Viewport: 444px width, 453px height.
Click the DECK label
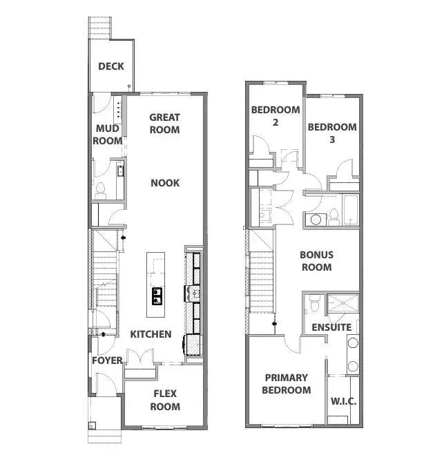(111, 66)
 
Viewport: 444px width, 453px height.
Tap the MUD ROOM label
(108, 135)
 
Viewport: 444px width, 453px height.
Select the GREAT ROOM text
(164, 124)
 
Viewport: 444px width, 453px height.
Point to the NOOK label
(165, 182)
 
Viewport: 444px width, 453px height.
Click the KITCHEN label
(151, 334)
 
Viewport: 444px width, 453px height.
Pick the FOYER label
(107, 360)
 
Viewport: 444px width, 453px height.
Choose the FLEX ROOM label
(165, 400)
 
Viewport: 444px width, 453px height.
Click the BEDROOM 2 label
(276, 115)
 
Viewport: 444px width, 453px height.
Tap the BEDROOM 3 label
(332, 133)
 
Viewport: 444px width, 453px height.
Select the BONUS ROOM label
(316, 261)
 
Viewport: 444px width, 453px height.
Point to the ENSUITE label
(331, 327)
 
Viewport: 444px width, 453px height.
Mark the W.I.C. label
(343, 401)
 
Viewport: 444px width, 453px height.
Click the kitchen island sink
(157, 296)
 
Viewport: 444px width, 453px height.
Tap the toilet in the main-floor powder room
(100, 188)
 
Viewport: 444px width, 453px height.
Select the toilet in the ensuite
(315, 302)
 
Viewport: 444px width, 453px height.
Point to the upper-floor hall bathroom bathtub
(351, 211)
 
